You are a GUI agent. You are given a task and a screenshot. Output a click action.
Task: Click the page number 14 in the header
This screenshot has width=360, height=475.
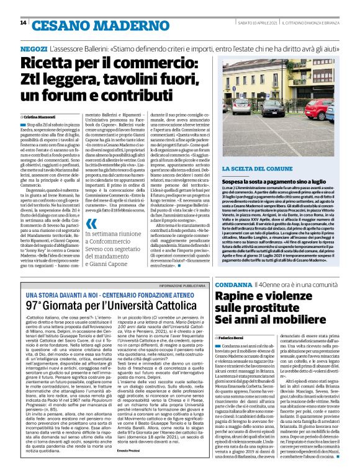[x=23, y=23]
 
